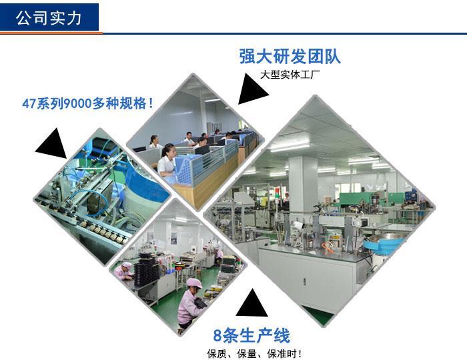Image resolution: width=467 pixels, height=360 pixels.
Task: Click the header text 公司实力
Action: tap(49, 18)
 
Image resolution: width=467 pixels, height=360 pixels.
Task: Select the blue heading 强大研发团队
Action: tap(290, 56)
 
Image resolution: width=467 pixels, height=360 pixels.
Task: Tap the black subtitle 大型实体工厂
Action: tap(290, 75)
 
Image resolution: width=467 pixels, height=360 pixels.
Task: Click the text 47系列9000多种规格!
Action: tap(88, 103)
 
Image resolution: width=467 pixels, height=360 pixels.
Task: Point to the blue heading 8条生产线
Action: tap(252, 335)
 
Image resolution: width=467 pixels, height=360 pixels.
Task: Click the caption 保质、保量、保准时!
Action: tap(254, 354)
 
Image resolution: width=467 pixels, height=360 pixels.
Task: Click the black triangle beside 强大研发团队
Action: tap(252, 89)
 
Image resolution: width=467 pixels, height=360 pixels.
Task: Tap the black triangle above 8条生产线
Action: tap(252, 303)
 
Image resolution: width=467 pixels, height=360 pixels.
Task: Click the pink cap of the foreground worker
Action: tap(194, 283)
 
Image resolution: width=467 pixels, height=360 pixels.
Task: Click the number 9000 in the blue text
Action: tap(77, 103)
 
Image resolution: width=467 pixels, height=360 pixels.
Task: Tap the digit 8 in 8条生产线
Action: tap(217, 336)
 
